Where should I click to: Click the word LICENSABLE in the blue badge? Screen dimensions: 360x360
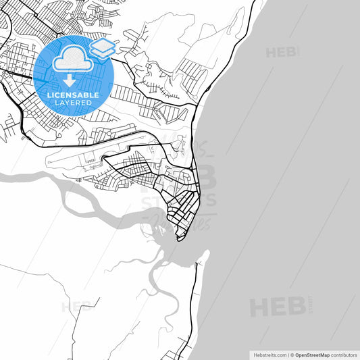click(x=73, y=95)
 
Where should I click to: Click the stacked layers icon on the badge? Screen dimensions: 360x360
click(x=102, y=49)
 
